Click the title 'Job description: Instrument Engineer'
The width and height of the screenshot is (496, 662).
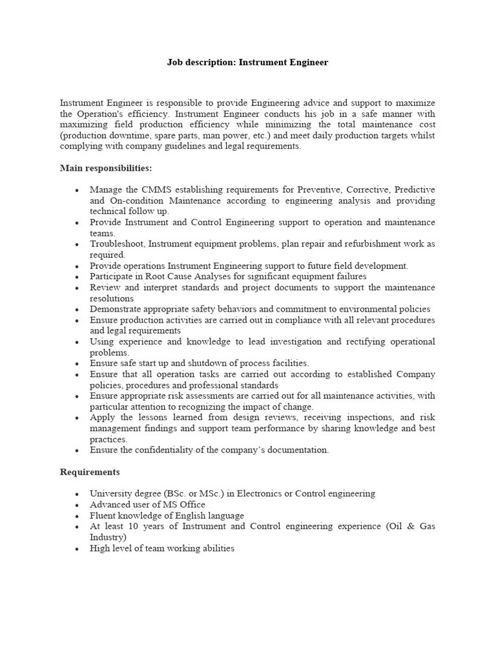pyautogui.click(x=247, y=63)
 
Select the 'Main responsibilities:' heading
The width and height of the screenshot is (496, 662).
pyautogui.click(x=106, y=168)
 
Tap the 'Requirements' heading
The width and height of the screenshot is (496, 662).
pyautogui.click(x=90, y=472)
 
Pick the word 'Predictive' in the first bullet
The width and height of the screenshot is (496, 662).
pyautogui.click(x=414, y=189)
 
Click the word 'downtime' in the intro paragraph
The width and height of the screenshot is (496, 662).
pyautogui.click(x=138, y=135)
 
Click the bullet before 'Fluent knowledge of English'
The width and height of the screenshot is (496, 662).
pyautogui.click(x=77, y=516)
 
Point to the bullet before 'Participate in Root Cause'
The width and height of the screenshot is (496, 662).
pyautogui.click(x=77, y=277)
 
